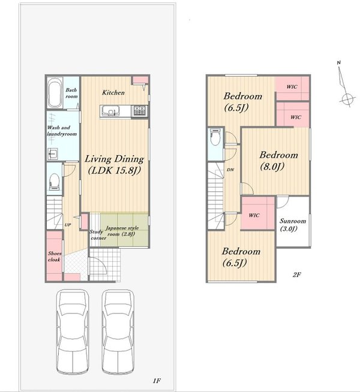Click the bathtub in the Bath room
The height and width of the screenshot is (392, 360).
pos(55,93)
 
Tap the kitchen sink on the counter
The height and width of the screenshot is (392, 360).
pos(110,111)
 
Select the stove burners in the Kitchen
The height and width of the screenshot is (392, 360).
pos(139,110)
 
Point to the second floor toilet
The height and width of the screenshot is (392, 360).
pos(215,137)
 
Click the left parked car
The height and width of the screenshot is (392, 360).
pos(73,331)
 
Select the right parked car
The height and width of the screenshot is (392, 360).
pos(118,331)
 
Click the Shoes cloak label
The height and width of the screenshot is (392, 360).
pos(55,257)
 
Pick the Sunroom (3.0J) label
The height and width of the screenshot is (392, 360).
pos(293,225)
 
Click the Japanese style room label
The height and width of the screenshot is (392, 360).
pos(122,231)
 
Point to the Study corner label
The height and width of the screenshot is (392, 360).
pos(98,235)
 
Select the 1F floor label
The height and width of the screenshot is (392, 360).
pos(157,381)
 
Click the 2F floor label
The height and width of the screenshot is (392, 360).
pos(296,275)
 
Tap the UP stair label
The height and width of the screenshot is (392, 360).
pos(68,225)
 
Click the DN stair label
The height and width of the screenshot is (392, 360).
pos(230,170)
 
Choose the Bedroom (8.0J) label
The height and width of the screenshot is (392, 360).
pos(278,161)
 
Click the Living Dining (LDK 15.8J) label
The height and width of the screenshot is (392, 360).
pos(115,164)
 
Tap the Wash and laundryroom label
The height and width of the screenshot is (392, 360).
pos(62,131)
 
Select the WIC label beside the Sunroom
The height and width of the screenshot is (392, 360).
pos(254,215)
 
